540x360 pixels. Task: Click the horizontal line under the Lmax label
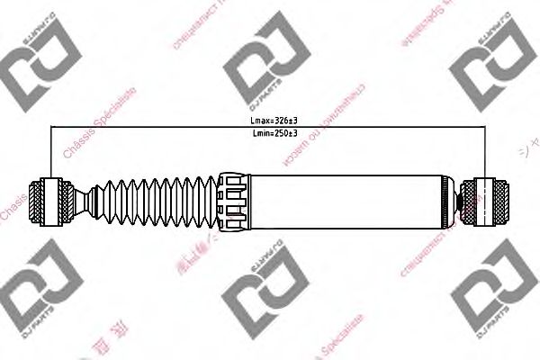(x=270, y=126)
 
